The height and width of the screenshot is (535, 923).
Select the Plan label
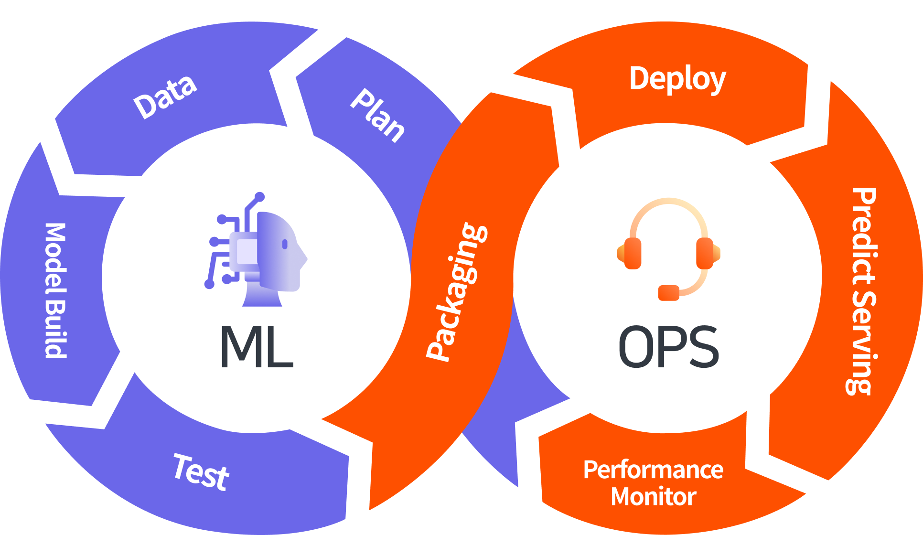[x=377, y=116]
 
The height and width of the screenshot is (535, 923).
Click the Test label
[x=201, y=472]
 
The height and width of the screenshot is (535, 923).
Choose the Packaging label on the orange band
[x=456, y=291]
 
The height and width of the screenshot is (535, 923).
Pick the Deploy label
[x=677, y=79]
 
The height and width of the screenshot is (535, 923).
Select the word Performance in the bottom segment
[x=653, y=470]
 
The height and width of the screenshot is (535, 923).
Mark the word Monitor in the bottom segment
[x=653, y=496]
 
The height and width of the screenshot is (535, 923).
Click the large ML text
[x=256, y=346]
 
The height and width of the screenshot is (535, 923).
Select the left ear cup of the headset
[x=632, y=253]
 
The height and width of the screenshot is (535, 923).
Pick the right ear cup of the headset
[x=705, y=253]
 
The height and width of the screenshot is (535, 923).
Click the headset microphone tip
[x=668, y=292]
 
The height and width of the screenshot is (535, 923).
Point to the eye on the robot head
[x=285, y=244]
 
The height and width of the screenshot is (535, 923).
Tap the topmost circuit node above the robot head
[x=259, y=196]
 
